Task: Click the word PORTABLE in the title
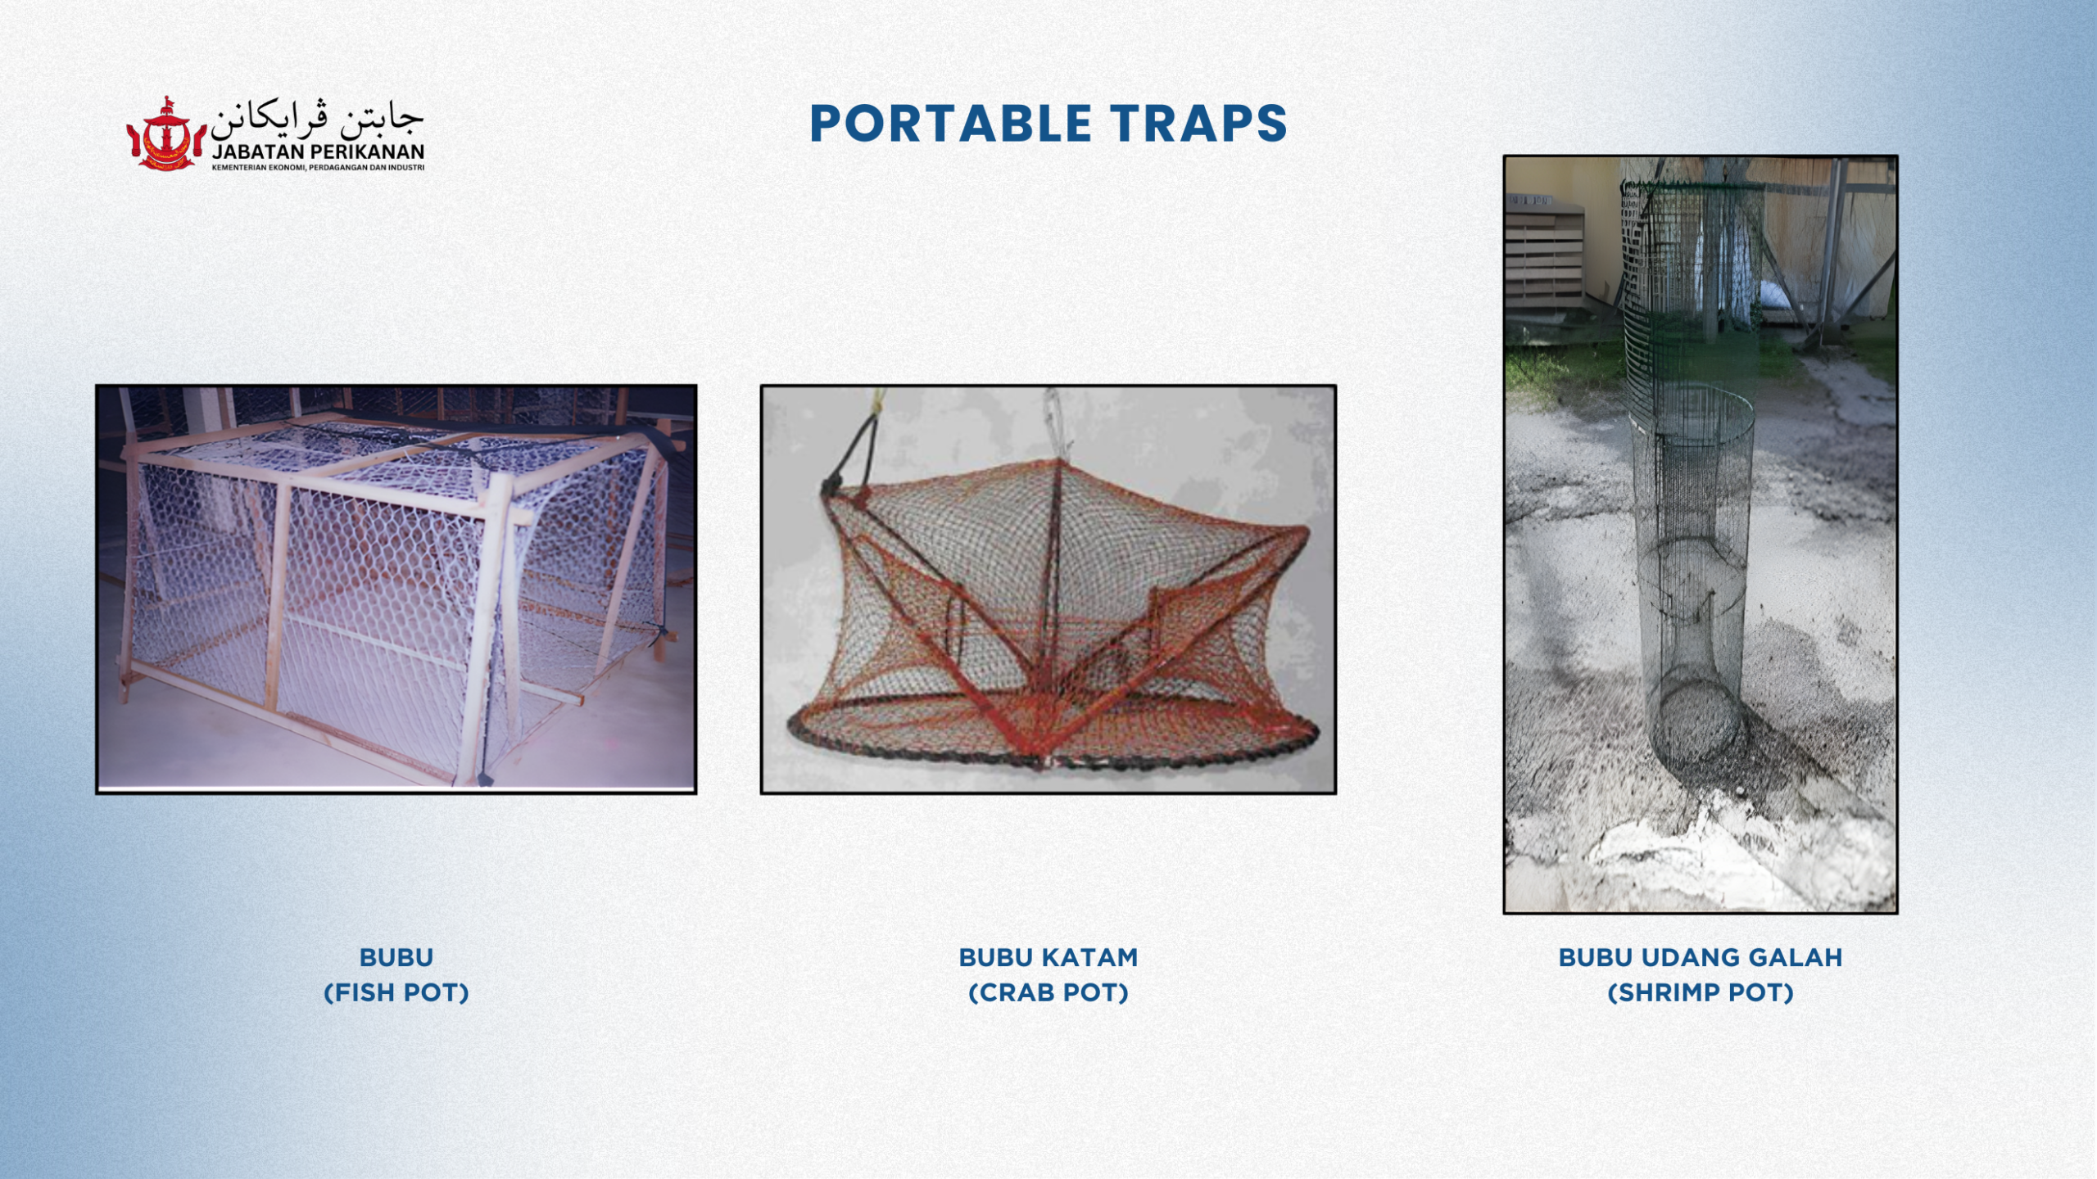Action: tap(951, 124)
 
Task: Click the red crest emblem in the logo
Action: tap(166, 133)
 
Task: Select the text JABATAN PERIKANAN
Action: tap(319, 152)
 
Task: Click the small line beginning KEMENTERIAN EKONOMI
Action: tap(319, 168)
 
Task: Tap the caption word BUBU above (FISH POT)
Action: tap(396, 957)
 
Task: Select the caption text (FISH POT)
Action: tap(396, 993)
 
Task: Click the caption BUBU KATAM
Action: tap(1048, 957)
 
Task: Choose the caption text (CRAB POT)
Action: tap(1048, 993)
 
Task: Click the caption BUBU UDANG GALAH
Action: tap(1701, 957)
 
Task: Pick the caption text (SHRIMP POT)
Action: tap(1701, 993)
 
